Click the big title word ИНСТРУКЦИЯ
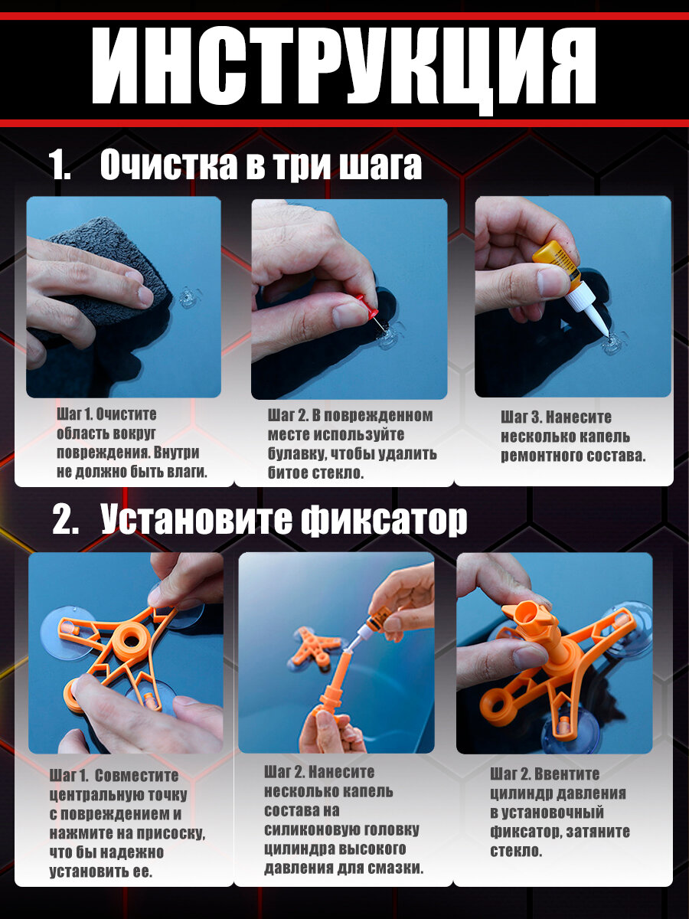(x=344, y=67)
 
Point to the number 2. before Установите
(x=66, y=521)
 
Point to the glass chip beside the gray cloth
(x=186, y=298)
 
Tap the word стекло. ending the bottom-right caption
(x=516, y=851)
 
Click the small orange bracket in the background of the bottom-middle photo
(x=314, y=646)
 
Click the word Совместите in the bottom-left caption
(x=137, y=775)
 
